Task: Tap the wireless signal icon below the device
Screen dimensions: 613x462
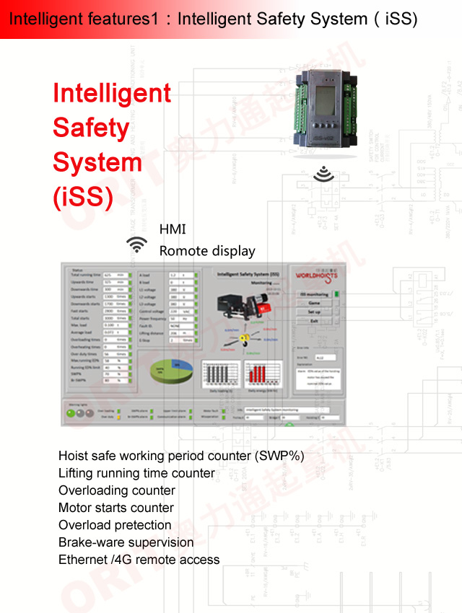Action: (x=325, y=174)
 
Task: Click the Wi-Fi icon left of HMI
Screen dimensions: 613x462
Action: (x=136, y=244)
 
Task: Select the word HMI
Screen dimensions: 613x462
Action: (x=173, y=229)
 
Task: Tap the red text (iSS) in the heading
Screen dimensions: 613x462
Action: (x=83, y=197)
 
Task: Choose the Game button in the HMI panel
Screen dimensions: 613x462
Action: (x=314, y=303)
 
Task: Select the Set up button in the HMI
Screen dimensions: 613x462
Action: (x=314, y=312)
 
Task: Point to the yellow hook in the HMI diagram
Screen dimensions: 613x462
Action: (x=243, y=338)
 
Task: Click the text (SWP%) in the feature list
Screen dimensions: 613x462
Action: (x=279, y=456)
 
